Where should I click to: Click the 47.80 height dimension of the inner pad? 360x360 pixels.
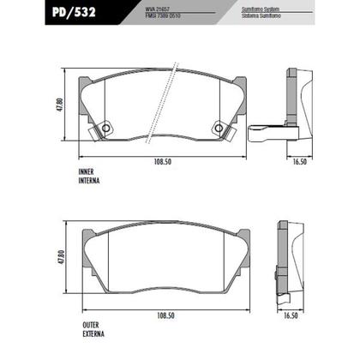[x=61, y=107]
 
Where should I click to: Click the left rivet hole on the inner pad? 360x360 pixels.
[x=105, y=129]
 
